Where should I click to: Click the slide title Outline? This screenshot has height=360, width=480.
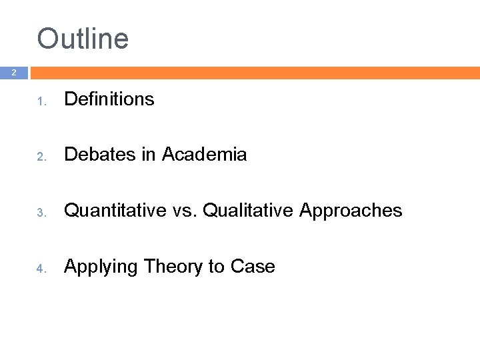[x=83, y=39]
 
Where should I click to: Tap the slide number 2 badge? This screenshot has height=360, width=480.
[x=14, y=73]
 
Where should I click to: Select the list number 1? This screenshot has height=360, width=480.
[x=40, y=101]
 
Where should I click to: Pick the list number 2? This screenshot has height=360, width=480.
[x=40, y=157]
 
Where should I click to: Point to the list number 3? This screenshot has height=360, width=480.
[x=40, y=213]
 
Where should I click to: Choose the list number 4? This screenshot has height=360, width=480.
[x=40, y=269]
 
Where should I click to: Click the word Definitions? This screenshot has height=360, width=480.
[x=109, y=99]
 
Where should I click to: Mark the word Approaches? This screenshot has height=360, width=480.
[x=351, y=211]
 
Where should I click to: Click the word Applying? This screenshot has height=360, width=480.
[x=101, y=267]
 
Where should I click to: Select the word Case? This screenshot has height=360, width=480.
[x=253, y=267]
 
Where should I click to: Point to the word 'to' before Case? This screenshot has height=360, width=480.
[x=216, y=267]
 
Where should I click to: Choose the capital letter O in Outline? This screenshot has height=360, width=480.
[x=48, y=39]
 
